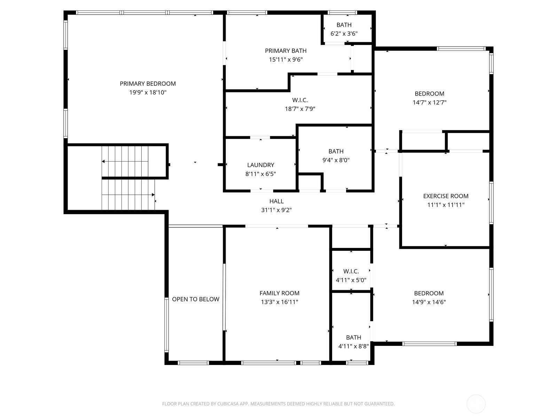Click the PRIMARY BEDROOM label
coord(148,84)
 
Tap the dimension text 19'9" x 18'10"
coord(148,92)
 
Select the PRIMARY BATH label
coord(286,51)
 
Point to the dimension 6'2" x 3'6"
coord(344,33)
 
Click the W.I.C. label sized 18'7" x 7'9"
coord(300,100)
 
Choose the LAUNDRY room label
coord(261,165)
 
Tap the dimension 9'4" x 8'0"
coord(336,160)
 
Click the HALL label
coord(276,201)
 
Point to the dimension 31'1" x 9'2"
coord(276,210)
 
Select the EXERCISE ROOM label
coord(446,196)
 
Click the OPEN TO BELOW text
coord(195,299)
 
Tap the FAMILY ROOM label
coord(280,293)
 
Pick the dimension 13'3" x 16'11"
coord(280,302)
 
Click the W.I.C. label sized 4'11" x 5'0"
coord(351,271)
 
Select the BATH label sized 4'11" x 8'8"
coord(353,338)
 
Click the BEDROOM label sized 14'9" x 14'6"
coord(429,293)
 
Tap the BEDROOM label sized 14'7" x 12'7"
coord(429,94)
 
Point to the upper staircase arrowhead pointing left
coord(103,161)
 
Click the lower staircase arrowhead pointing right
coord(153,195)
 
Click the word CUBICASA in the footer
coord(228,404)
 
